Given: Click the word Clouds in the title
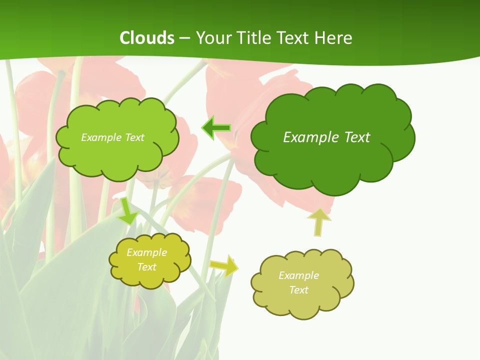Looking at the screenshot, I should [147, 38].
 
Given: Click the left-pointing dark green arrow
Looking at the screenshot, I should [216, 128].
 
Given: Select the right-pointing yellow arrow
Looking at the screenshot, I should [223, 265].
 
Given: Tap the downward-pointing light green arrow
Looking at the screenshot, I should [127, 211].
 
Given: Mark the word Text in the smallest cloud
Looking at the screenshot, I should [147, 267].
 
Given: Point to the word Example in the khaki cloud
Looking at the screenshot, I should [298, 275].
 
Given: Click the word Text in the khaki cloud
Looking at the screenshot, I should [298, 290].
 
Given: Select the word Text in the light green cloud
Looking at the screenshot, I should [134, 137].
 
